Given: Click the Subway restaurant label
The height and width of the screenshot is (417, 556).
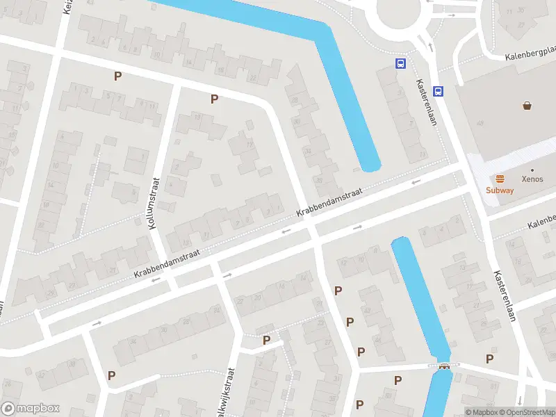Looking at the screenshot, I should [x=500, y=190].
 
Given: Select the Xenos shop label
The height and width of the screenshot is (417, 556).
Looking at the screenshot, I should [x=532, y=179].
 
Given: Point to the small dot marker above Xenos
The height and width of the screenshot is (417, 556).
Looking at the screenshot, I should [x=532, y=170].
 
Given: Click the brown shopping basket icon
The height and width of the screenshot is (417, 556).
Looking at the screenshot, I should [x=528, y=106].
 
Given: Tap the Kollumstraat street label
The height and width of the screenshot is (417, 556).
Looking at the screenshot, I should [x=154, y=202].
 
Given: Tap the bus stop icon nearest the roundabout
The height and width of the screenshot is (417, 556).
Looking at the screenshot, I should [x=400, y=64].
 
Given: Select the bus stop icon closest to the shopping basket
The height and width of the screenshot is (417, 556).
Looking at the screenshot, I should [x=438, y=91].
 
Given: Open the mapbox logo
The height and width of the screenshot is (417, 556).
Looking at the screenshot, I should [x=30, y=409].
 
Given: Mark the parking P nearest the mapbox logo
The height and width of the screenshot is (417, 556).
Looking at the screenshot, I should [x=111, y=375].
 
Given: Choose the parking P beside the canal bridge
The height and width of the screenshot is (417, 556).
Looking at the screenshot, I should [x=489, y=359].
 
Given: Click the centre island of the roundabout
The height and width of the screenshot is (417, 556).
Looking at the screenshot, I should [x=401, y=12].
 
